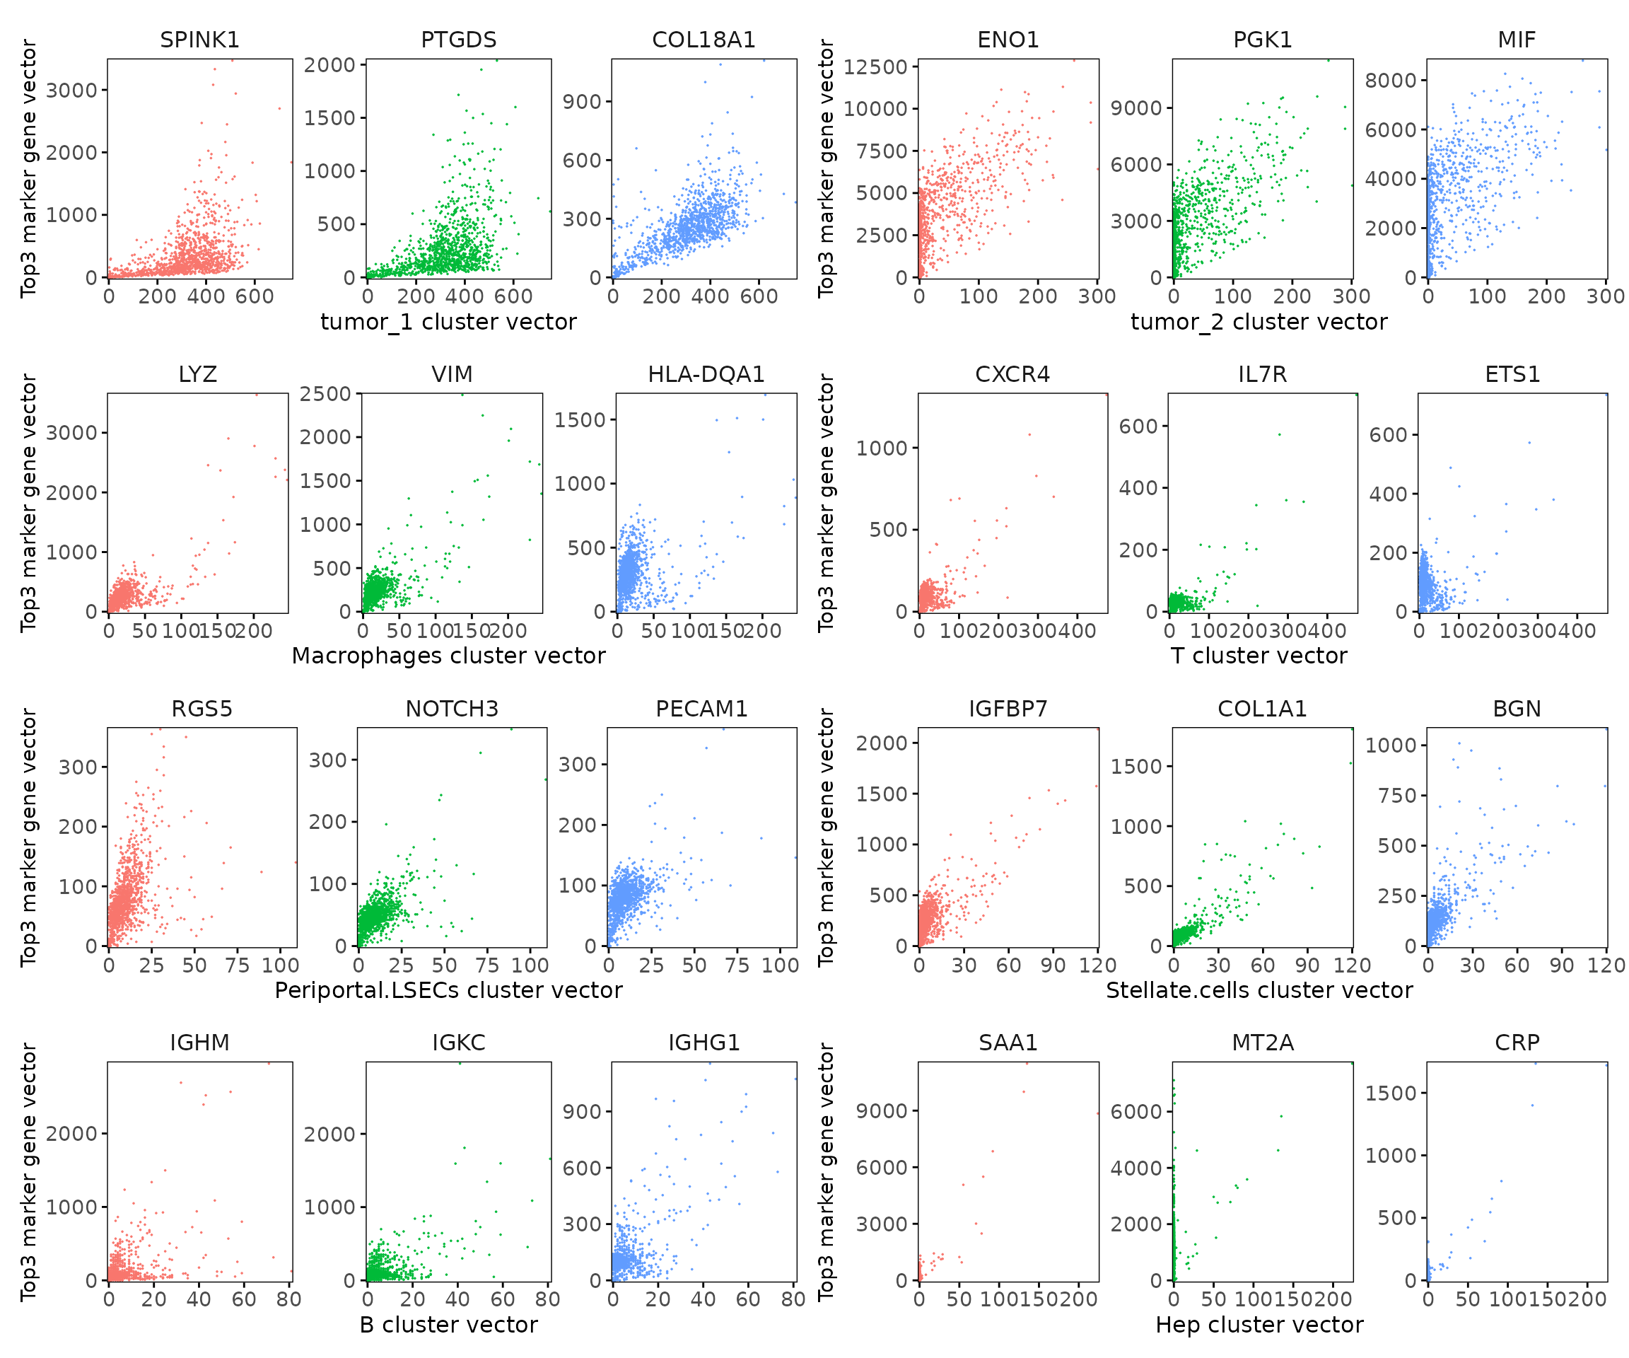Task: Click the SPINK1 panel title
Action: (x=199, y=40)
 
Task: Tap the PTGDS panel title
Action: (x=458, y=40)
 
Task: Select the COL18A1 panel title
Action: (x=703, y=40)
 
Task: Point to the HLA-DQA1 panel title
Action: (x=706, y=374)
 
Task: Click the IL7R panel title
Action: (x=1262, y=374)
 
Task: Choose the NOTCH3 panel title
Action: (x=452, y=709)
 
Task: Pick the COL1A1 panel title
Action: (x=1262, y=709)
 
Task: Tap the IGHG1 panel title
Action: (x=703, y=1042)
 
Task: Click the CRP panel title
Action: (x=1517, y=1042)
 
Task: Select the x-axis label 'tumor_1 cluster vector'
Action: (x=448, y=322)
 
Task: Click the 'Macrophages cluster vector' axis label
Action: (x=448, y=656)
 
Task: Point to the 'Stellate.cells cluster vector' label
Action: (x=1259, y=990)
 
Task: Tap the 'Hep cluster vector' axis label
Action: (x=1259, y=1325)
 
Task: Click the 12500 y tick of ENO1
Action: (x=875, y=66)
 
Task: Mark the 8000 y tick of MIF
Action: (x=1390, y=80)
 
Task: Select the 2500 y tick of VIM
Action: (x=325, y=394)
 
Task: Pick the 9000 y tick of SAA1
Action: (x=881, y=1111)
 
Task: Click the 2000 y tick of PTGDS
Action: (x=329, y=65)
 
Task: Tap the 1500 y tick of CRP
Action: (x=1390, y=1093)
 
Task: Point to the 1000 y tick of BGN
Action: (x=1390, y=745)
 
